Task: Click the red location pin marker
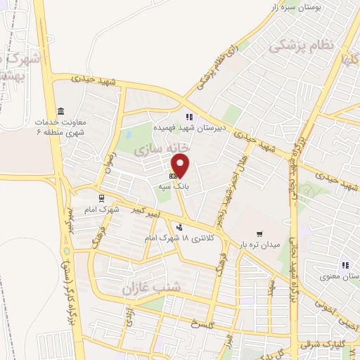pyautogui.click(x=181, y=165)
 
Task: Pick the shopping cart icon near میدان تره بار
pyautogui.click(x=259, y=234)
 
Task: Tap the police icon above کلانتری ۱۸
pyautogui.click(x=181, y=227)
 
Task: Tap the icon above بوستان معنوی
pyautogui.click(x=345, y=265)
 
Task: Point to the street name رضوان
pyautogui.click(x=108, y=148)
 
